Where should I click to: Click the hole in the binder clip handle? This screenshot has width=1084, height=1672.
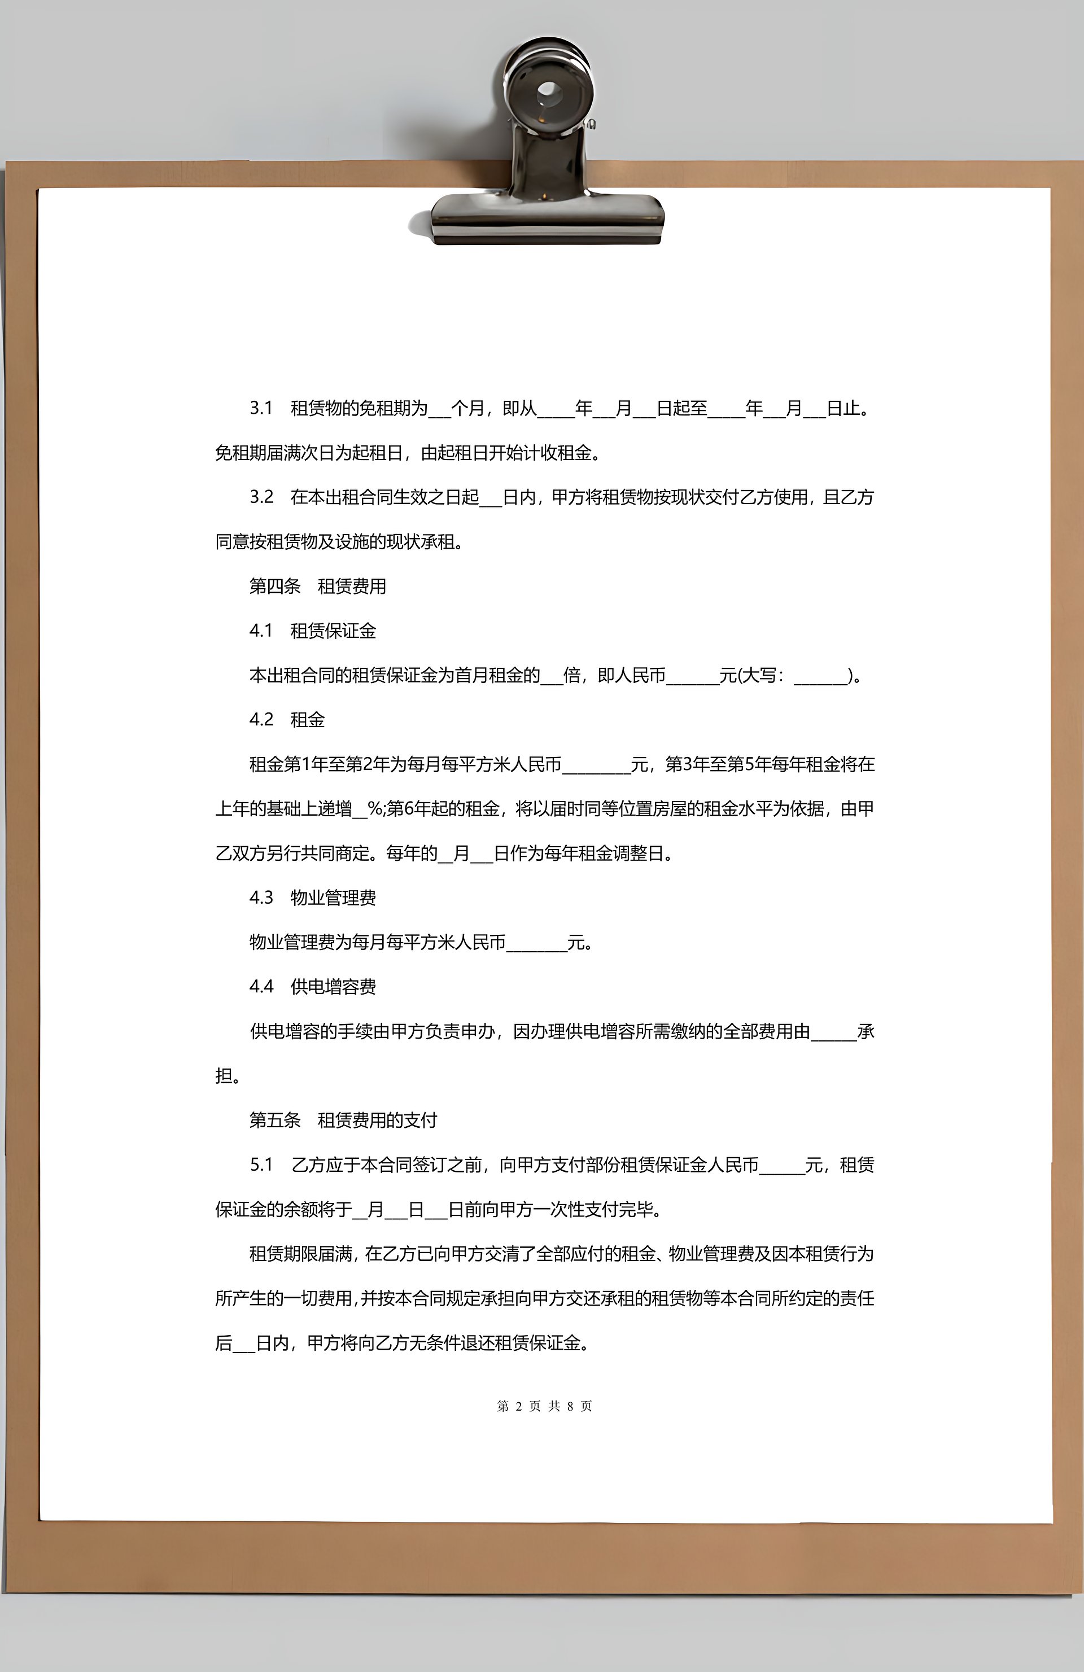point(549,91)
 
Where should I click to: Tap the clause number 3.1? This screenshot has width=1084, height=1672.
point(261,408)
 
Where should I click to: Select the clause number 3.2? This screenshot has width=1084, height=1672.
point(261,497)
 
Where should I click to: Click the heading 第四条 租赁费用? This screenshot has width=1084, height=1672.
point(317,586)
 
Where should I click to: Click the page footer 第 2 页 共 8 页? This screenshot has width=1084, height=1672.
point(544,1406)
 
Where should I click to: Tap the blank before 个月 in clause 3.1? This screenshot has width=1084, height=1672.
point(439,410)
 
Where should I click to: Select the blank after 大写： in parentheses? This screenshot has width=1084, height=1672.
point(820,678)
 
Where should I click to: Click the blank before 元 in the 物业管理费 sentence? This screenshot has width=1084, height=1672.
point(536,945)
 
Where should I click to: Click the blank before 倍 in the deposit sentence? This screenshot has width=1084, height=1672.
point(552,678)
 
